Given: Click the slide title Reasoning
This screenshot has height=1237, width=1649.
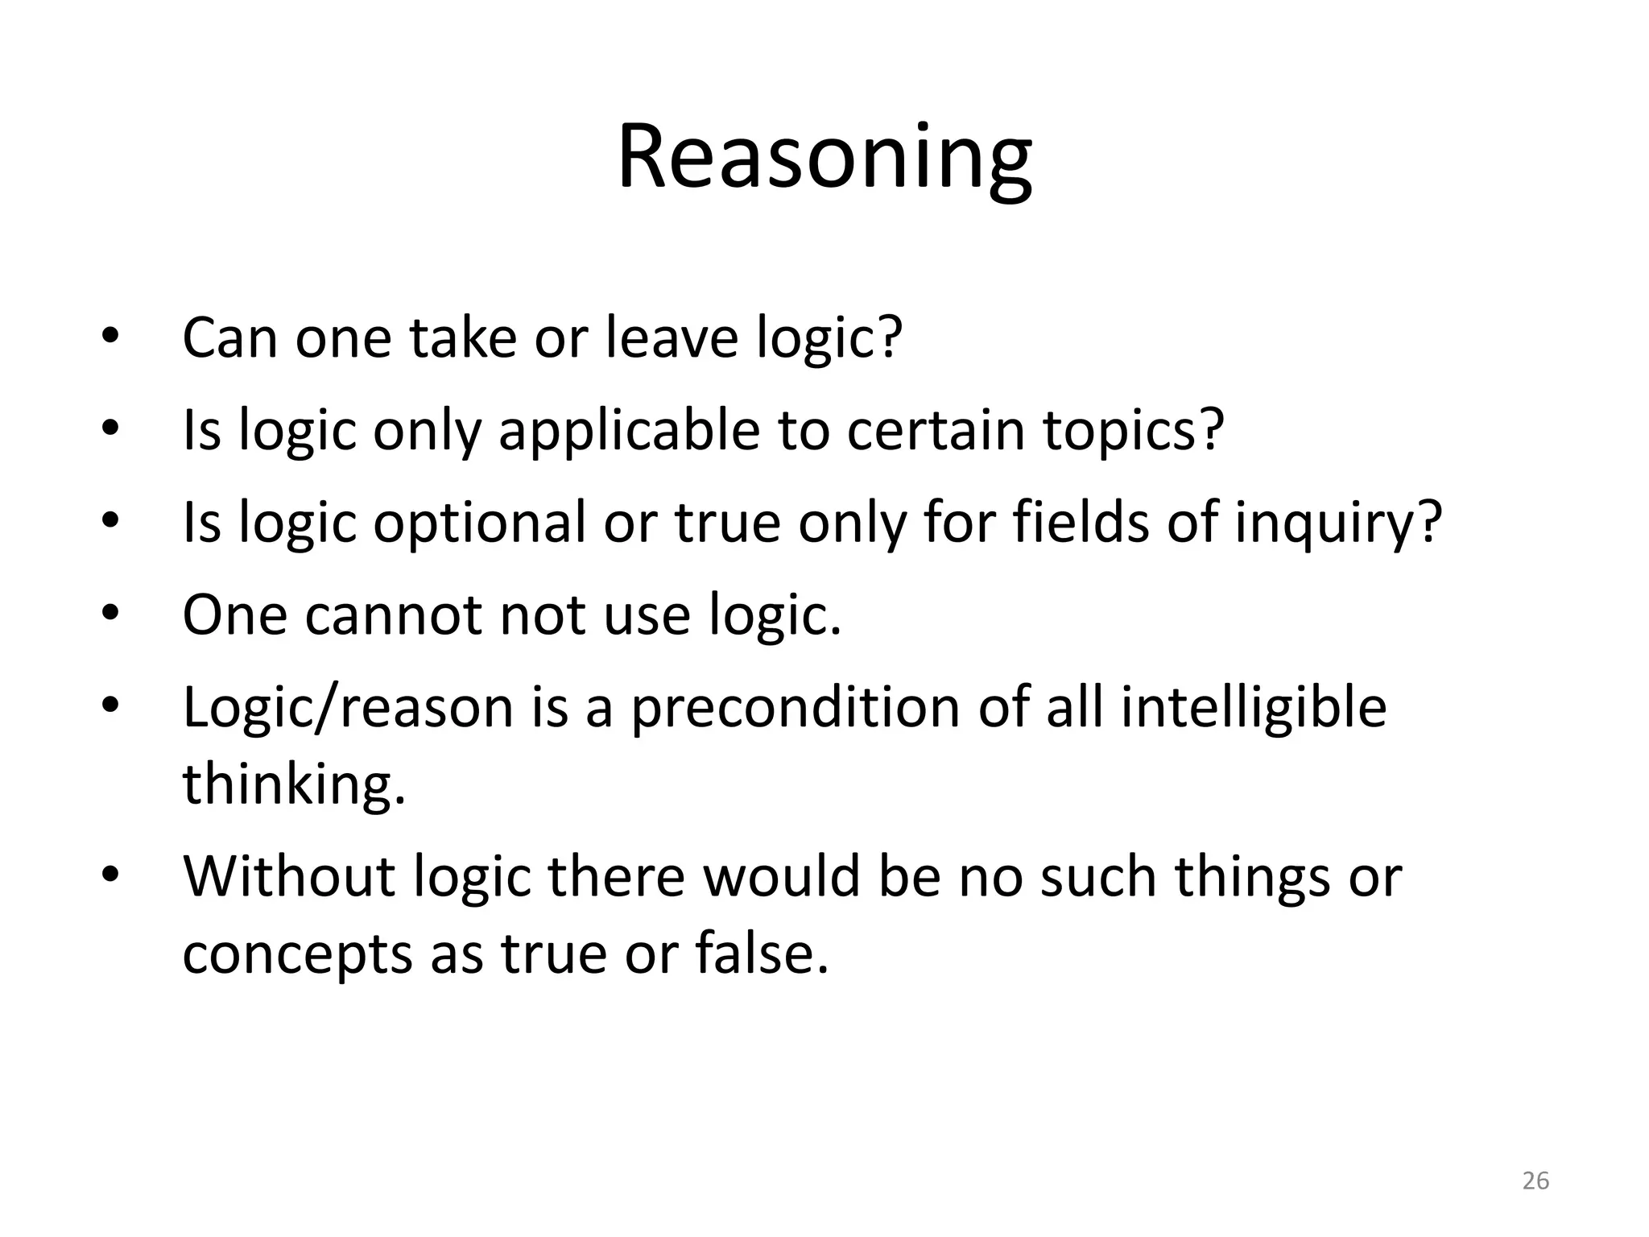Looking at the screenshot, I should (x=824, y=158).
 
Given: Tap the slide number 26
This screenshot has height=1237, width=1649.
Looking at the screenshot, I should (x=1535, y=1181).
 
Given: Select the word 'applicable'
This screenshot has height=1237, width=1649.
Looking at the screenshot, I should (x=629, y=430).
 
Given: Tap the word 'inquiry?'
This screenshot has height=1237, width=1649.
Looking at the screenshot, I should (x=1338, y=523).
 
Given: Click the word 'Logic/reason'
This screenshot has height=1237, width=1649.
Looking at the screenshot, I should (x=348, y=709).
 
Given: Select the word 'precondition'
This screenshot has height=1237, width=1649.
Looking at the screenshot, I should (x=795, y=709).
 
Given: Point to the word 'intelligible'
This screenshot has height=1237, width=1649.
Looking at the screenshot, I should (x=1254, y=709).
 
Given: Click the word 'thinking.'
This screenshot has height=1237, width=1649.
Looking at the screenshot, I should (x=294, y=784).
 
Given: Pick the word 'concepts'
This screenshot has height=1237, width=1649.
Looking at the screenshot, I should (x=297, y=954).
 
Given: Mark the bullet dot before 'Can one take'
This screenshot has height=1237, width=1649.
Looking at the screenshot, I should (x=110, y=336).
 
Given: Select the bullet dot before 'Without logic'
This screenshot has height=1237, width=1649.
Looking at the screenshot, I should (x=110, y=875).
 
